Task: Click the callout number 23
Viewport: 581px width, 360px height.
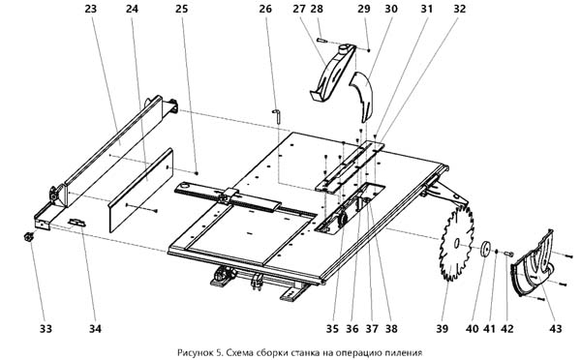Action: click(x=90, y=9)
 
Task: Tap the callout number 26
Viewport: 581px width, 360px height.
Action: click(x=265, y=9)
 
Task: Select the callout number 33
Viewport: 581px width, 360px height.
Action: click(x=46, y=328)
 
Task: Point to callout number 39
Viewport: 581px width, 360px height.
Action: click(x=443, y=328)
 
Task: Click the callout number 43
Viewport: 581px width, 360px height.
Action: click(x=556, y=328)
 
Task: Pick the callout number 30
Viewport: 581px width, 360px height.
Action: click(x=391, y=9)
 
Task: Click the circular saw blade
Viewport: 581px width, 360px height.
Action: click(x=456, y=243)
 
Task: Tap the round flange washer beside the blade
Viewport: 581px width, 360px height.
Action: click(x=485, y=249)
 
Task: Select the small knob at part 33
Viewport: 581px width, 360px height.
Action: click(x=28, y=237)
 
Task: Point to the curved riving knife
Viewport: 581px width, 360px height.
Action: click(x=362, y=97)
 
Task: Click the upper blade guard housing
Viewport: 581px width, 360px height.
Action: click(x=333, y=74)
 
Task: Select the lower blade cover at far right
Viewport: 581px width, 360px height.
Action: click(x=533, y=264)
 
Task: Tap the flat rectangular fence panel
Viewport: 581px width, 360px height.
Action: click(x=141, y=190)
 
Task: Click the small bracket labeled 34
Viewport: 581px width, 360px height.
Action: click(x=77, y=223)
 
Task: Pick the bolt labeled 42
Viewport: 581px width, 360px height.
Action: click(x=508, y=254)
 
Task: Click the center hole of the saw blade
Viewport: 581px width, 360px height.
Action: click(x=456, y=243)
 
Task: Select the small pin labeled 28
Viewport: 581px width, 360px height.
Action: click(x=321, y=40)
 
